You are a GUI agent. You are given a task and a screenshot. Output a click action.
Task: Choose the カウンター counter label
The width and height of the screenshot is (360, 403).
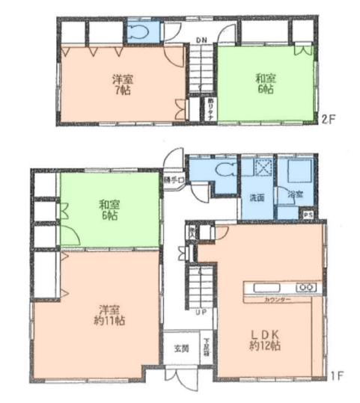[276, 300]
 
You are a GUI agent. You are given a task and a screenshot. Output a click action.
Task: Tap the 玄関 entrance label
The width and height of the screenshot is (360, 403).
[182, 348]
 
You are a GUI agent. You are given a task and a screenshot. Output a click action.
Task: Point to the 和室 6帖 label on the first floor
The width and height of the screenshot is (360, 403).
[109, 210]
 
